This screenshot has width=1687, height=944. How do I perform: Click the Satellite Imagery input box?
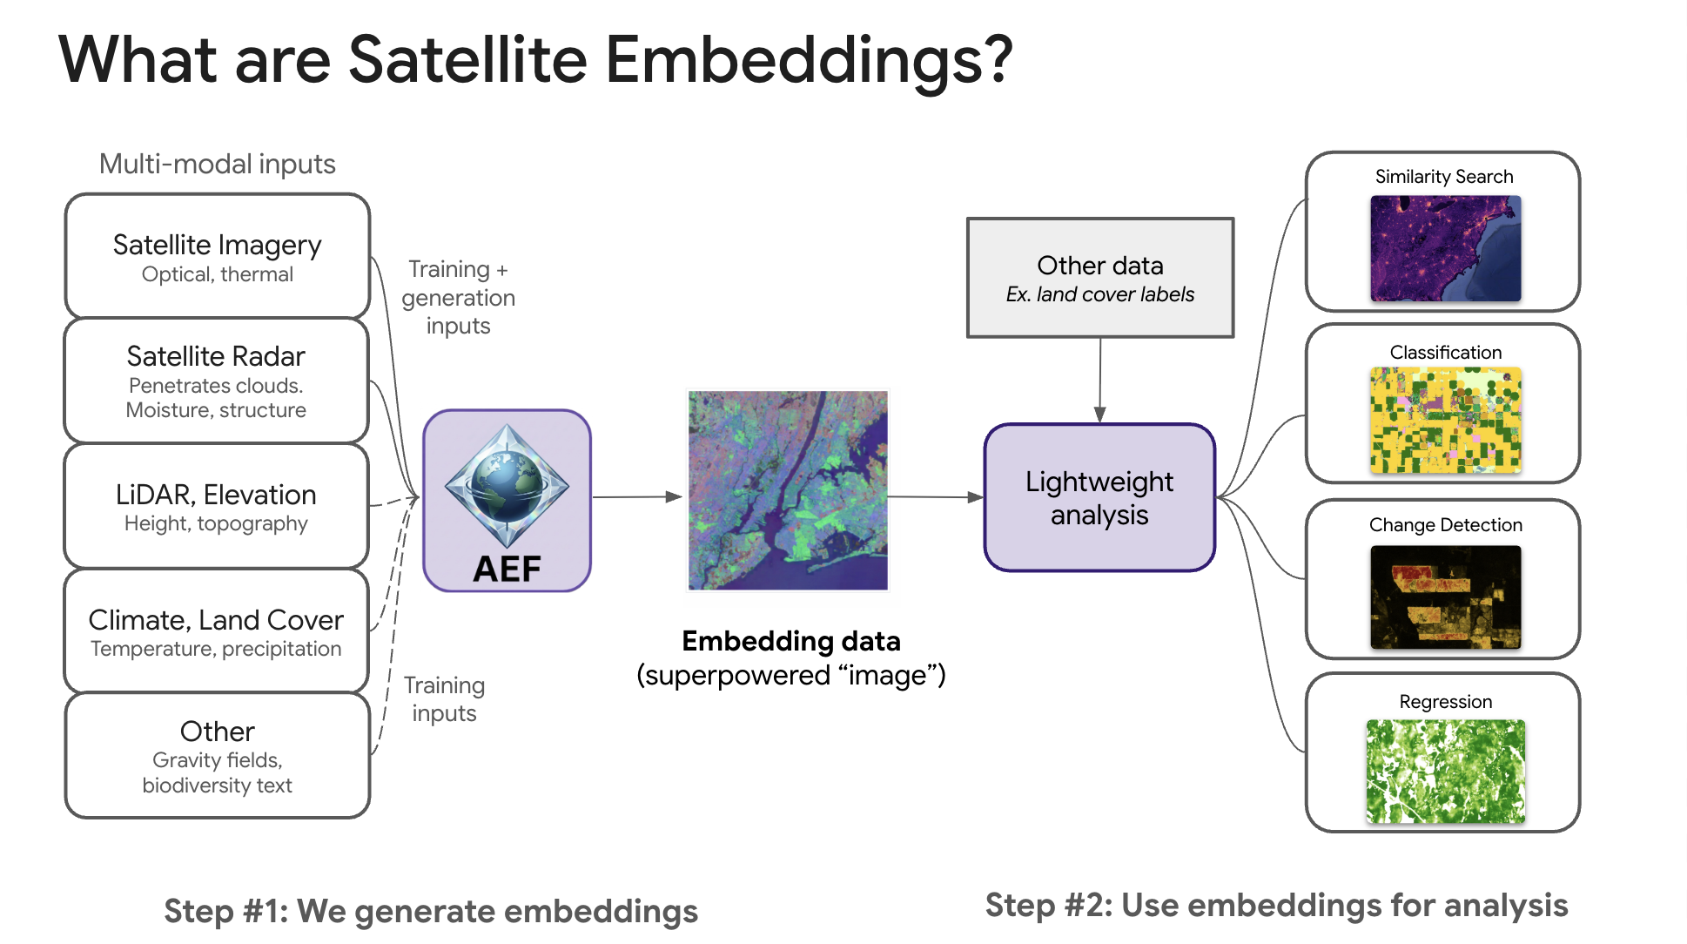[218, 256]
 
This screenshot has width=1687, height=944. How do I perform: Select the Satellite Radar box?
[217, 381]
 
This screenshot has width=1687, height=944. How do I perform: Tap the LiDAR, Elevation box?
[217, 506]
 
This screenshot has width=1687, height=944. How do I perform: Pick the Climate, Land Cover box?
[217, 631]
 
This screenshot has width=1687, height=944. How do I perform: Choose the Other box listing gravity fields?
[218, 756]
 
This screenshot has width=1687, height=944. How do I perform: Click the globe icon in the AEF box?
[507, 486]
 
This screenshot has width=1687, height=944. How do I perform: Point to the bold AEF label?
[507, 569]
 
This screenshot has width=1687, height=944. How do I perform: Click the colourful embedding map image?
[788, 490]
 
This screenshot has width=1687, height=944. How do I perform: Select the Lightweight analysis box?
[1099, 497]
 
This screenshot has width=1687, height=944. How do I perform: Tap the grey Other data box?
[1100, 278]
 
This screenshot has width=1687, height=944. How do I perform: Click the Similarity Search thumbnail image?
[1446, 248]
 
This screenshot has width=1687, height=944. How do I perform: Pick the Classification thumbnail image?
[1446, 420]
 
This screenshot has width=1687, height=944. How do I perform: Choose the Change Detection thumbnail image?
[1446, 597]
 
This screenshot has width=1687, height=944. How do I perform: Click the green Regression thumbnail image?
[1446, 772]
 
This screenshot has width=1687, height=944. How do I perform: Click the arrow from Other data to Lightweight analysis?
[1100, 381]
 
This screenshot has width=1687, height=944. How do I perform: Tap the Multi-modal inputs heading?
[218, 164]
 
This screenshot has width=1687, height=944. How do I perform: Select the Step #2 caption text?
[1276, 906]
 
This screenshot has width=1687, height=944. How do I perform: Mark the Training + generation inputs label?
[459, 297]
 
